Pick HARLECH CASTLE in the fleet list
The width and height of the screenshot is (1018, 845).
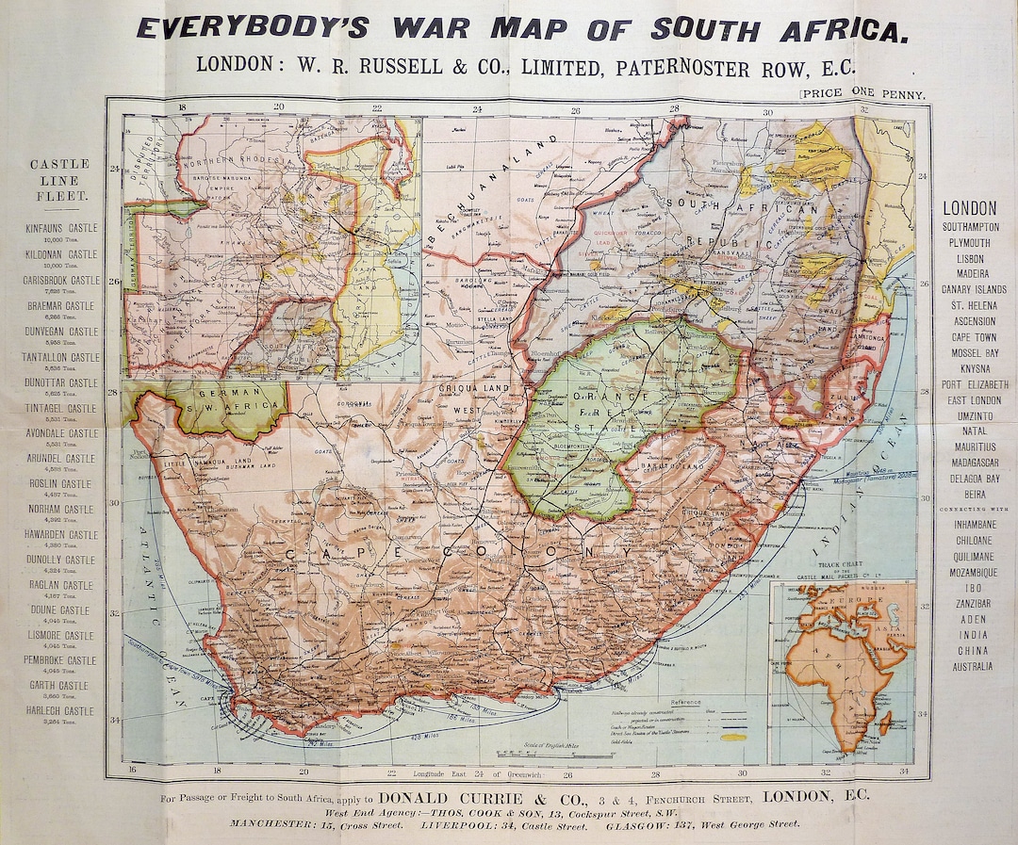tap(59, 711)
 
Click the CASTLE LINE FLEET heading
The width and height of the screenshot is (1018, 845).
tap(59, 180)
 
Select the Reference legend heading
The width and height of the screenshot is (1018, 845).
tap(685, 703)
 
